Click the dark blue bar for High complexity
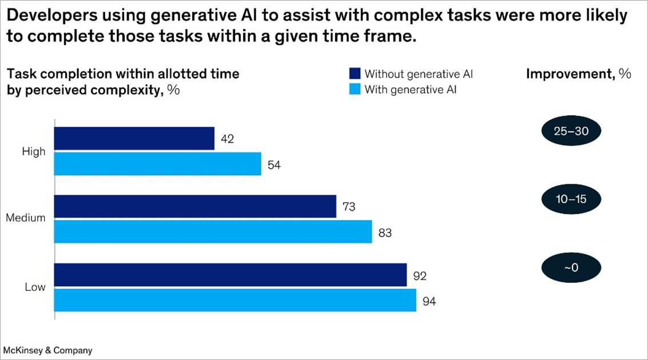(134, 139)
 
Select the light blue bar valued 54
(157, 164)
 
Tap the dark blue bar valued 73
(195, 206)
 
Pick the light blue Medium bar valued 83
(213, 232)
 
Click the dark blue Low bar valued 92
(230, 275)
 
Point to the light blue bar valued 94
(235, 300)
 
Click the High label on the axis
(33, 152)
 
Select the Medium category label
(26, 218)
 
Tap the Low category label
(35, 287)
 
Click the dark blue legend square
(355, 74)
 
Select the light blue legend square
(355, 90)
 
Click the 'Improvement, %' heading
(578, 74)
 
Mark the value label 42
(227, 139)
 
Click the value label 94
(429, 300)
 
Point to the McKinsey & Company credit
(48, 350)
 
